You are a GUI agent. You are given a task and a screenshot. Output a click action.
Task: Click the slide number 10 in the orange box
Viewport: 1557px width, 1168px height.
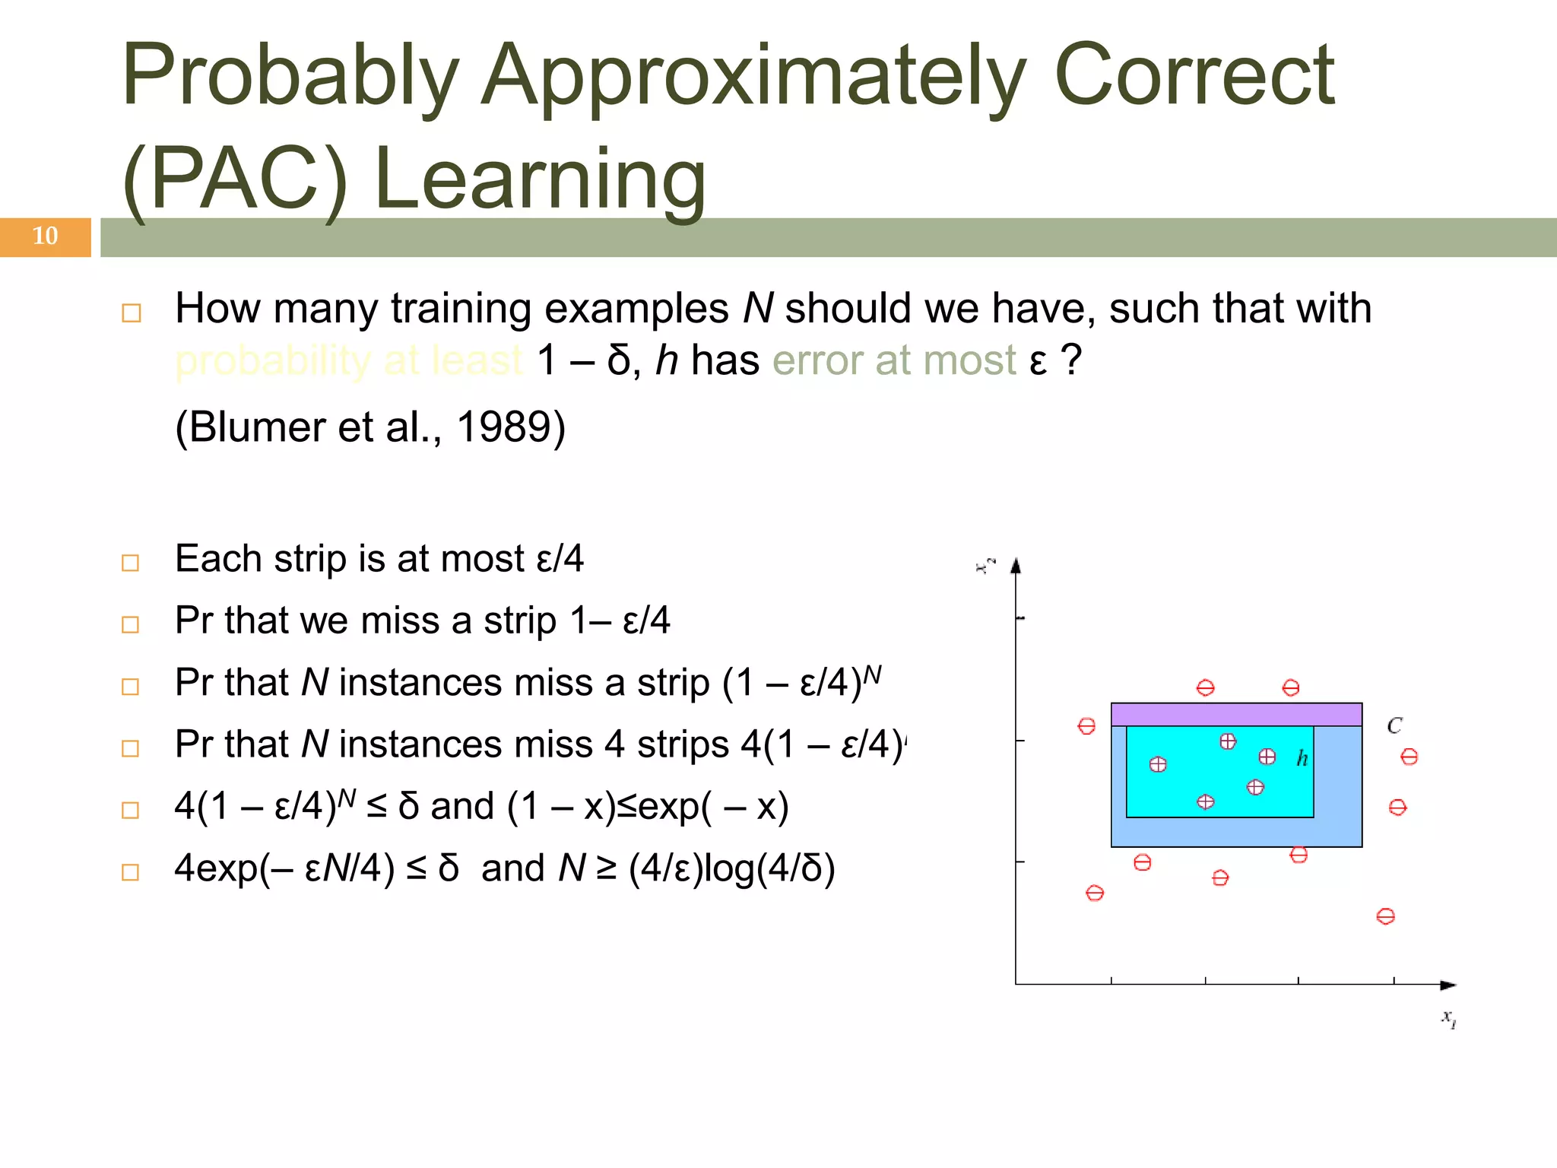[x=45, y=236]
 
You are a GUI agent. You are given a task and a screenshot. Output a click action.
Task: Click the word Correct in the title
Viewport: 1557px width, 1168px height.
[x=1194, y=76]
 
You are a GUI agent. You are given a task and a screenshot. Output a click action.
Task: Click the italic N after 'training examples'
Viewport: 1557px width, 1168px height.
[x=757, y=309]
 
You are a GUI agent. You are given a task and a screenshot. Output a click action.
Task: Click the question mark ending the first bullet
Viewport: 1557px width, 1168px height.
[x=1071, y=360]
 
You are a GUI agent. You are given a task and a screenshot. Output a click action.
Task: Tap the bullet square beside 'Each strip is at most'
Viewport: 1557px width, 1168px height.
[x=131, y=563]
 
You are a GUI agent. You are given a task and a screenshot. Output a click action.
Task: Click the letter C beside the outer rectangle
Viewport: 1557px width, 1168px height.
[x=1394, y=726]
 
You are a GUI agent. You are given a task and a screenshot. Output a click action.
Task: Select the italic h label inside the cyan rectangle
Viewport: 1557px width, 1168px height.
[x=1302, y=758]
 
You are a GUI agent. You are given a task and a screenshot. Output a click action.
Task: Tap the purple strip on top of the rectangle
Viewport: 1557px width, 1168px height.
[x=1236, y=715]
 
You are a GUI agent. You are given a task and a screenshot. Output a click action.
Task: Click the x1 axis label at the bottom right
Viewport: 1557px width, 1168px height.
[x=1449, y=1019]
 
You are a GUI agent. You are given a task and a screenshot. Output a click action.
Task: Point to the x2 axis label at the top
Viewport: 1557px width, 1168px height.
[x=986, y=566]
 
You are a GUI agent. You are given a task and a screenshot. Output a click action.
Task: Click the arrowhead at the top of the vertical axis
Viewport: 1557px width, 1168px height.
[x=1016, y=565]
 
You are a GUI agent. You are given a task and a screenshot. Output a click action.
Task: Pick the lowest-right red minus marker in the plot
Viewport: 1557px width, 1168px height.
[x=1385, y=916]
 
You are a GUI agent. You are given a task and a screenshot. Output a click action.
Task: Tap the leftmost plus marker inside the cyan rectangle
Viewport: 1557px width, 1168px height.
[x=1158, y=764]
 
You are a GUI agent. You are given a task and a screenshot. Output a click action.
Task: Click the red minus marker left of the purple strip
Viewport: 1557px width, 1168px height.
[x=1086, y=726]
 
